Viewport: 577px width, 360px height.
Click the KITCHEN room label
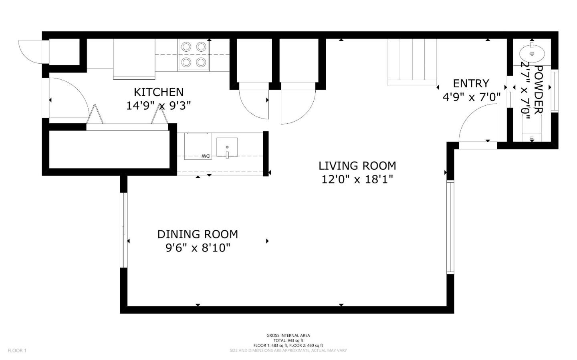pyautogui.click(x=158, y=92)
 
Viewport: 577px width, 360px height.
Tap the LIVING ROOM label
pyautogui.click(x=357, y=165)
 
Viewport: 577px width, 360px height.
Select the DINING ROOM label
pyautogui.click(x=198, y=234)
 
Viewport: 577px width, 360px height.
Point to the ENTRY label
pyautogui.click(x=471, y=83)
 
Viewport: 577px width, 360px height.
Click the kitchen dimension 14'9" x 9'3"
pyautogui.click(x=158, y=106)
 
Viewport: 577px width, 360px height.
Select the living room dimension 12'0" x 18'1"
pyautogui.click(x=357, y=179)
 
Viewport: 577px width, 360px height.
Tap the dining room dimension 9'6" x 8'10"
pyautogui.click(x=198, y=248)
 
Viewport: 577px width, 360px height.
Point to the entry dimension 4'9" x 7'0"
pyautogui.click(x=472, y=97)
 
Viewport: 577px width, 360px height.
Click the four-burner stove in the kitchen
pyautogui.click(x=194, y=55)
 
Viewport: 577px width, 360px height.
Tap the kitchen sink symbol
pyautogui.click(x=227, y=147)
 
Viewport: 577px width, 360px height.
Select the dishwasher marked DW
pyautogui.click(x=198, y=146)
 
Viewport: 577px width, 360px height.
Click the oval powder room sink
pyautogui.click(x=532, y=53)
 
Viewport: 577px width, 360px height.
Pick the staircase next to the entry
pyautogui.click(x=412, y=62)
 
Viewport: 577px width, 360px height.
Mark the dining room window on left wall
pyautogui.click(x=123, y=230)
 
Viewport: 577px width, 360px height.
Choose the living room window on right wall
pyautogui.click(x=450, y=227)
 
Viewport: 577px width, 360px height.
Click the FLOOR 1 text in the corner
pyautogui.click(x=17, y=351)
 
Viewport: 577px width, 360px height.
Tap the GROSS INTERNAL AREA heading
pyautogui.click(x=288, y=336)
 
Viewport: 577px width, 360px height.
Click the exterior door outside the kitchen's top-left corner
pyautogui.click(x=30, y=51)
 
